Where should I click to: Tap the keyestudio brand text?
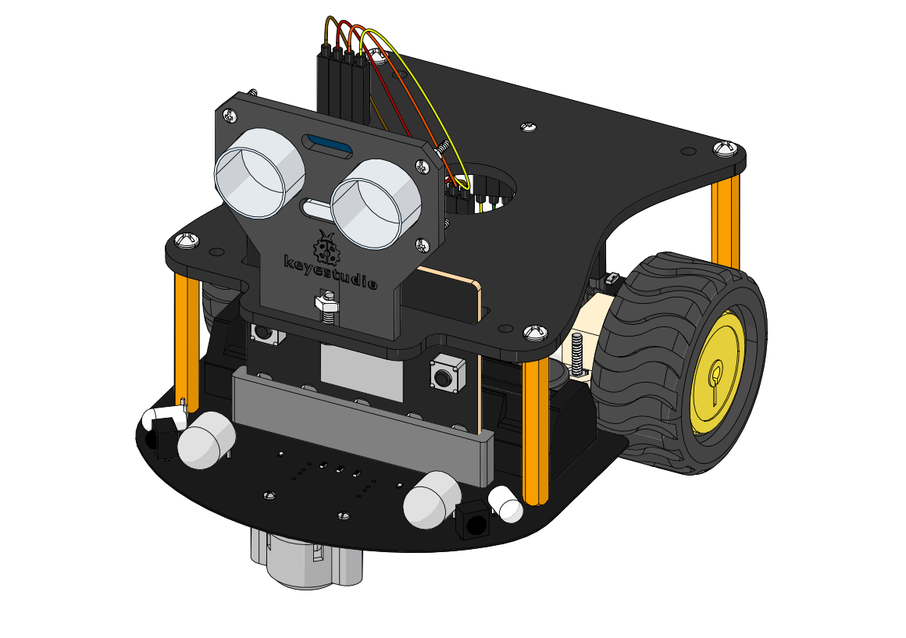[x=331, y=271]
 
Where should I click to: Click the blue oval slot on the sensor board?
[x=328, y=146]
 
